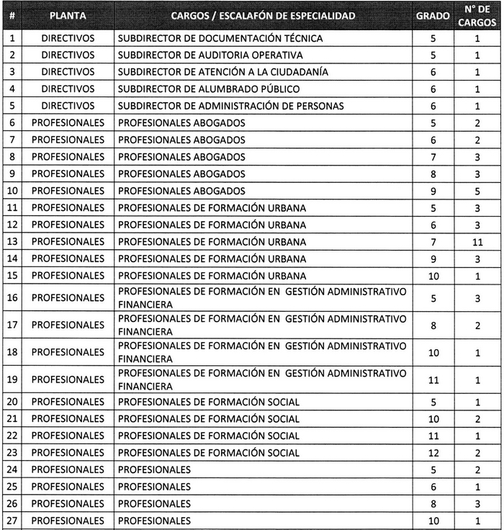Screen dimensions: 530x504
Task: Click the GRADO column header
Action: click(433, 15)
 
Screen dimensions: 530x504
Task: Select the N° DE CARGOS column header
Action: click(477, 15)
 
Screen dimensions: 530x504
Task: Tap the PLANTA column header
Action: click(68, 15)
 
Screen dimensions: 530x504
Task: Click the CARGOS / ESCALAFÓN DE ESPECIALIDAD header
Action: click(263, 15)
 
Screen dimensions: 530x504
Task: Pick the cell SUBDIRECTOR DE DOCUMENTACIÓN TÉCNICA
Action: click(220, 38)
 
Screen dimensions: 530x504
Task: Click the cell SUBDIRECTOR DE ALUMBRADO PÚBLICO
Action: click(209, 89)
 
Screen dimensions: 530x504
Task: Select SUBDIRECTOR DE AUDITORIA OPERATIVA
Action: click(210, 55)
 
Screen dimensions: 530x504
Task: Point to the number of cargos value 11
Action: click(477, 242)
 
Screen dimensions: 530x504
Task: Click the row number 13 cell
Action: click(12, 242)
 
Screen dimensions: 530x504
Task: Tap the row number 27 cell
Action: click(12, 521)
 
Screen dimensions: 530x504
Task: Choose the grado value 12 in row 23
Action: click(433, 453)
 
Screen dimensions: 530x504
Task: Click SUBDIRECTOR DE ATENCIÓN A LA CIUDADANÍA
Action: click(223, 72)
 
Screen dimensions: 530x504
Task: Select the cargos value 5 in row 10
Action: click(477, 191)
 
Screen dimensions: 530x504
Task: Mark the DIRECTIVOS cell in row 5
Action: click(68, 106)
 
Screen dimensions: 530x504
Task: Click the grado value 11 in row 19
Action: click(433, 380)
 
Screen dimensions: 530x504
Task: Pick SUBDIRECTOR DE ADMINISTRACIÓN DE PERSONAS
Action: click(230, 106)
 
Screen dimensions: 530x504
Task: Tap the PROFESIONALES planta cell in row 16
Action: click(68, 297)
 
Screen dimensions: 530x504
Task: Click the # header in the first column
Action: click(12, 15)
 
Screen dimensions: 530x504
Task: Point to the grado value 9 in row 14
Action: click(433, 259)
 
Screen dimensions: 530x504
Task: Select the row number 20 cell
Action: click(12, 402)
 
